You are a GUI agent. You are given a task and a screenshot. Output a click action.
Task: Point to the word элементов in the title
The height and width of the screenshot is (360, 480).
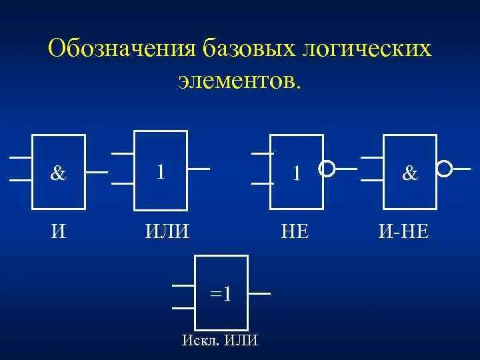tap(237, 81)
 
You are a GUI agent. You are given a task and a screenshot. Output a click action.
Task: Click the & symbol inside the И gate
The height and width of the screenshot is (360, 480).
tap(59, 173)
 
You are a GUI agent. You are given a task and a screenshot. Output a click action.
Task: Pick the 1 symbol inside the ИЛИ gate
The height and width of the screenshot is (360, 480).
tap(161, 171)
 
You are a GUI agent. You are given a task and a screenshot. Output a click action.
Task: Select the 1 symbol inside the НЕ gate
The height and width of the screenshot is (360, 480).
tap(297, 173)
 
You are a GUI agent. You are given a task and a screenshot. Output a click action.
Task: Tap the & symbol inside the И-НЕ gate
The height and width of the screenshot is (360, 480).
tap(410, 173)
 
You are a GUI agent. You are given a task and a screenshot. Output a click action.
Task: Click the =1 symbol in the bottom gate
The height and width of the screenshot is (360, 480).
tap(221, 293)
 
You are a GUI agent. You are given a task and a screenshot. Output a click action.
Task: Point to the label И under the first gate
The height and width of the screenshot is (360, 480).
tap(59, 231)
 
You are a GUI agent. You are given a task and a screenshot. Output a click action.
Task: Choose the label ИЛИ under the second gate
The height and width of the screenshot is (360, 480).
tap(167, 231)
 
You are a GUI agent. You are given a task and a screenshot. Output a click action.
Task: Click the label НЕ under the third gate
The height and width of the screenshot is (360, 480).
tap(295, 231)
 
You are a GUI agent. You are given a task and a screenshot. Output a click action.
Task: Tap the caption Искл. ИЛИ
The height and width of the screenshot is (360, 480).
tap(220, 341)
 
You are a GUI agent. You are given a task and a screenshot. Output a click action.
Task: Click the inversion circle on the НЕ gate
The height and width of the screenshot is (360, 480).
tap(327, 169)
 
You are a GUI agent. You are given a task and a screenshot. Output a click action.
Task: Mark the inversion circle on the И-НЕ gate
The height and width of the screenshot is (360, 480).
tap(444, 168)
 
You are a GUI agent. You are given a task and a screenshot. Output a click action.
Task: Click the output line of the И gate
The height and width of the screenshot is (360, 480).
tap(97, 172)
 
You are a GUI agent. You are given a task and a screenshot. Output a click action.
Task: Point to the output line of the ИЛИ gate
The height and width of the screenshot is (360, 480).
tap(199, 169)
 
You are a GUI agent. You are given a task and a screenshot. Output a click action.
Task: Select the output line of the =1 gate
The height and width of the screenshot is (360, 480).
tap(259, 293)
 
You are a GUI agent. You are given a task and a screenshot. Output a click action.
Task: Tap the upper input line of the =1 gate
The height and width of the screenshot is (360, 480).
tap(183, 285)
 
